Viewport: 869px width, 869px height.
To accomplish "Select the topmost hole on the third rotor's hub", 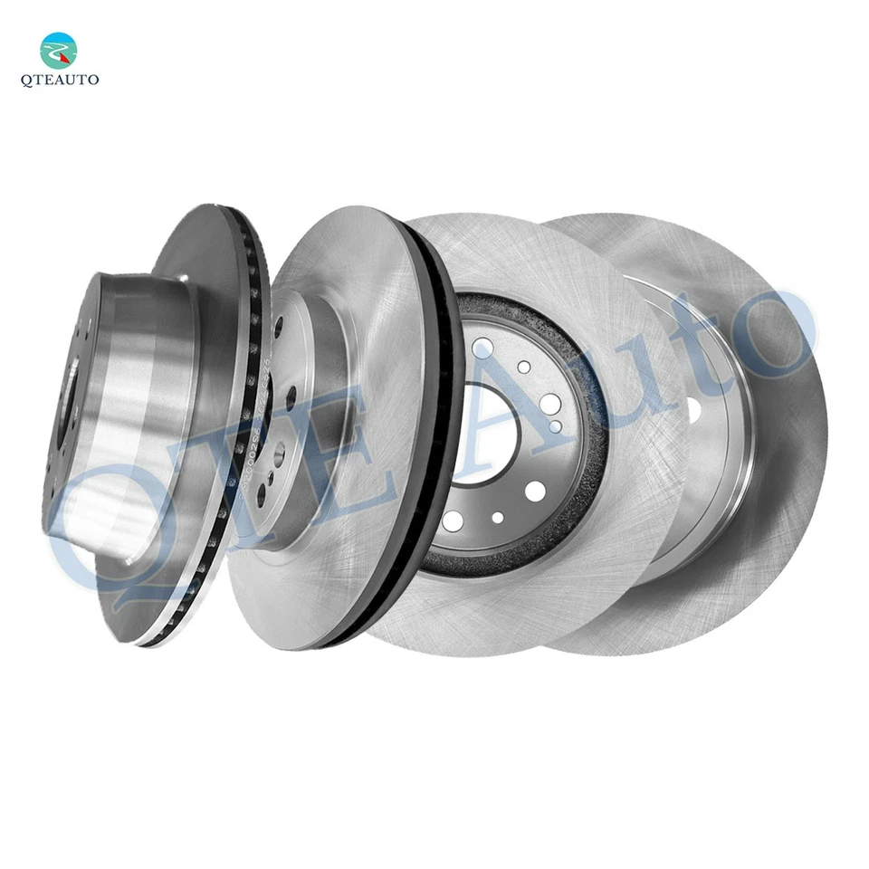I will pyautogui.click(x=486, y=345).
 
